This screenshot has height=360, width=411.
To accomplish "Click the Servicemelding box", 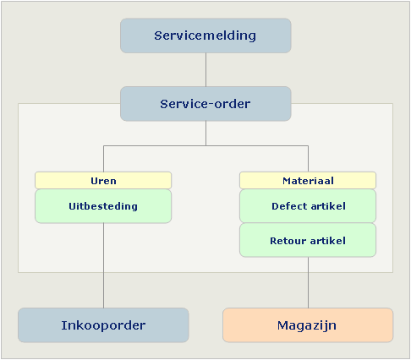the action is [205, 35].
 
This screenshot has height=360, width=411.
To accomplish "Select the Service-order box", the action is [205, 104].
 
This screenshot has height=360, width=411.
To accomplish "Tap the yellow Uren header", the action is [103, 180].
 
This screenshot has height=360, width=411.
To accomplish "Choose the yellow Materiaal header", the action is [308, 180].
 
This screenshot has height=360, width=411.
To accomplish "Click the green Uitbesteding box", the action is [103, 206].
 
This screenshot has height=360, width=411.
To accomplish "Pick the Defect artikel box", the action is [308, 206].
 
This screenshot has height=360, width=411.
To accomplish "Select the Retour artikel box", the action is [308, 240].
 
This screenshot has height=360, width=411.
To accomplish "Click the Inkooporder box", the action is [103, 325].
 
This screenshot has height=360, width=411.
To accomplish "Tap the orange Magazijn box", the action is [308, 325].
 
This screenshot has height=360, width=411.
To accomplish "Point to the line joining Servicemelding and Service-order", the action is [205, 69].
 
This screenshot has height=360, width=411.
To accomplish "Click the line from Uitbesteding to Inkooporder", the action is [103, 265].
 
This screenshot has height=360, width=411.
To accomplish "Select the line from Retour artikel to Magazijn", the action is [308, 282].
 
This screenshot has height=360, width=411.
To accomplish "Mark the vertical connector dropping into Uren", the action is [103, 159].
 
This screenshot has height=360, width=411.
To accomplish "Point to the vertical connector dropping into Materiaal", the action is [308, 159].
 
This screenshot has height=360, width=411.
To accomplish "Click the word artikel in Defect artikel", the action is [328, 206].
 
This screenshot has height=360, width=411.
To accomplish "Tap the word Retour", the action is [288, 241].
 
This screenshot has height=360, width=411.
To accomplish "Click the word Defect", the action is [289, 206].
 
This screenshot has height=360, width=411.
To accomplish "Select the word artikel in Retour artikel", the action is [328, 241].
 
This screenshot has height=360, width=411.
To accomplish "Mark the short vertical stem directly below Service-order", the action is [205, 134].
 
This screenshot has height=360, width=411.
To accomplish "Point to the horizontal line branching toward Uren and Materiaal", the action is [205, 145].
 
